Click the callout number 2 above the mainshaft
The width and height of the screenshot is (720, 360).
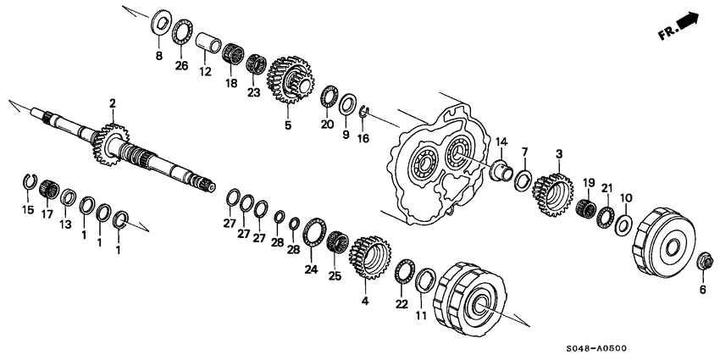111,102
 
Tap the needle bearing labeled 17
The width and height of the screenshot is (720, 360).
48,189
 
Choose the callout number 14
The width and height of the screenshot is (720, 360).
501,141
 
